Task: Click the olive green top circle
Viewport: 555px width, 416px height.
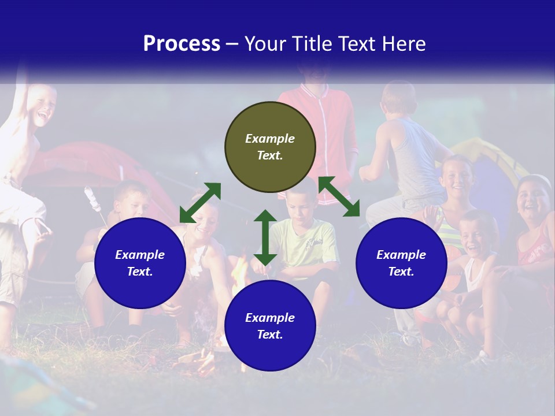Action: pyautogui.click(x=270, y=147)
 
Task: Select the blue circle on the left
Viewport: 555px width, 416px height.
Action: pyautogui.click(x=140, y=263)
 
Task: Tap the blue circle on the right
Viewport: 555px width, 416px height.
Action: pyautogui.click(x=401, y=263)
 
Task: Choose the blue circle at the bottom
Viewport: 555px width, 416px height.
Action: pyautogui.click(x=270, y=326)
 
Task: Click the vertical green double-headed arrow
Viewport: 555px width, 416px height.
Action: pyautogui.click(x=265, y=237)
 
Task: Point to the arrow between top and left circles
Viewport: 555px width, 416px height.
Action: pyautogui.click(x=200, y=203)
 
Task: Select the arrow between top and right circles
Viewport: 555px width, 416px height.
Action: pyautogui.click(x=339, y=196)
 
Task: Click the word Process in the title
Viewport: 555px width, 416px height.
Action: pyautogui.click(x=182, y=43)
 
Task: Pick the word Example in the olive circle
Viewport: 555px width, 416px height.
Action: pyautogui.click(x=270, y=139)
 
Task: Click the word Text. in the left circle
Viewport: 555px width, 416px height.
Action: pyautogui.click(x=140, y=272)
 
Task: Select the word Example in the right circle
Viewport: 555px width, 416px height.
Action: pyautogui.click(x=401, y=255)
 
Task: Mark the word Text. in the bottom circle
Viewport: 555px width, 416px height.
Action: pyautogui.click(x=270, y=335)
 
